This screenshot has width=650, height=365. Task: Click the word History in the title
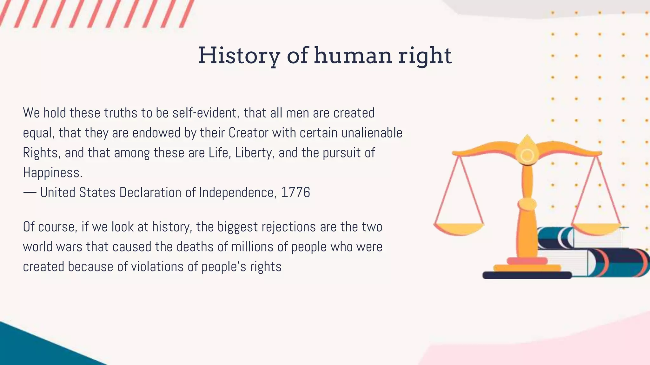239,56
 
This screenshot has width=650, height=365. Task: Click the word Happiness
53,173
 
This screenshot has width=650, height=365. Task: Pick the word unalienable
372,133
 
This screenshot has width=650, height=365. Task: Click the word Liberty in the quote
254,153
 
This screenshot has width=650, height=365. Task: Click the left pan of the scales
459,228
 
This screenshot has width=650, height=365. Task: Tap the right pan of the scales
597,228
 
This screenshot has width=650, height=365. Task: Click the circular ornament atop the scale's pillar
527,155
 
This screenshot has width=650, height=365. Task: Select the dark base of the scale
527,275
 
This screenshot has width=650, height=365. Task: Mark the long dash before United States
30,192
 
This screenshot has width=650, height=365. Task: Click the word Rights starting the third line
40,153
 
